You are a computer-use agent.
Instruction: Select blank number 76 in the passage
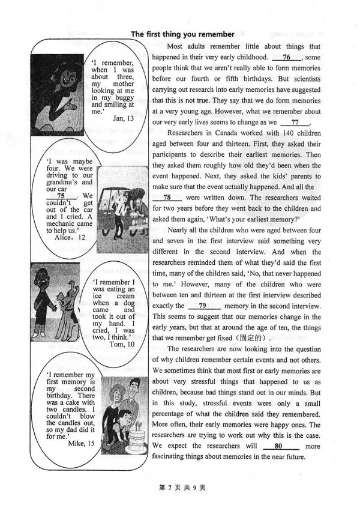(x=286, y=57)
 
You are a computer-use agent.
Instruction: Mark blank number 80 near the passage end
(x=278, y=447)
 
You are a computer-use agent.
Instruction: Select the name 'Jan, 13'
(x=123, y=118)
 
